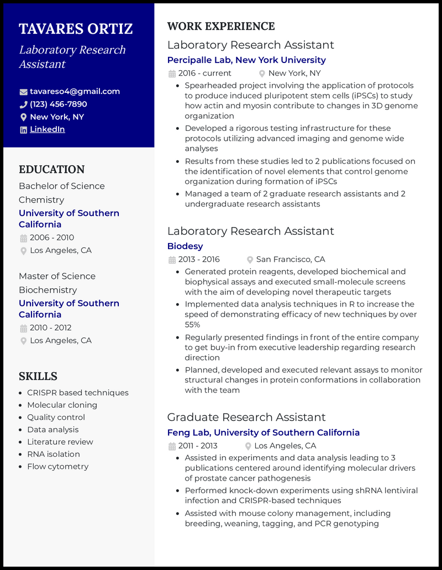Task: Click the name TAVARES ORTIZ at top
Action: (x=76, y=29)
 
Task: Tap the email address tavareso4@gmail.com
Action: (x=75, y=92)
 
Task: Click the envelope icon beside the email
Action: (x=23, y=92)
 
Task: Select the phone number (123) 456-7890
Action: (x=58, y=104)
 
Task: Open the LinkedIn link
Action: (x=47, y=129)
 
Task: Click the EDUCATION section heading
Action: (x=51, y=170)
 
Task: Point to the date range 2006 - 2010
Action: (x=51, y=237)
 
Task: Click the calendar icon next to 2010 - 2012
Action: (x=23, y=328)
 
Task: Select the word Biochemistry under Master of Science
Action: (x=48, y=290)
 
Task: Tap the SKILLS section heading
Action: (x=38, y=376)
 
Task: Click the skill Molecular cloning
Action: (x=62, y=405)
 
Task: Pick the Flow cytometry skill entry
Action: (x=57, y=466)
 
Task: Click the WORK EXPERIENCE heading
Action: (x=221, y=27)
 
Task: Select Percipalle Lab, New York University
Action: (x=246, y=60)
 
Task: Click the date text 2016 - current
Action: (x=204, y=73)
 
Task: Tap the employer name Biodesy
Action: (x=185, y=246)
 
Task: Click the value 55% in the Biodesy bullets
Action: (x=192, y=325)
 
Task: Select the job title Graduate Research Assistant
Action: (x=246, y=417)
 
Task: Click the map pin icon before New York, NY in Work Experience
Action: (x=262, y=73)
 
